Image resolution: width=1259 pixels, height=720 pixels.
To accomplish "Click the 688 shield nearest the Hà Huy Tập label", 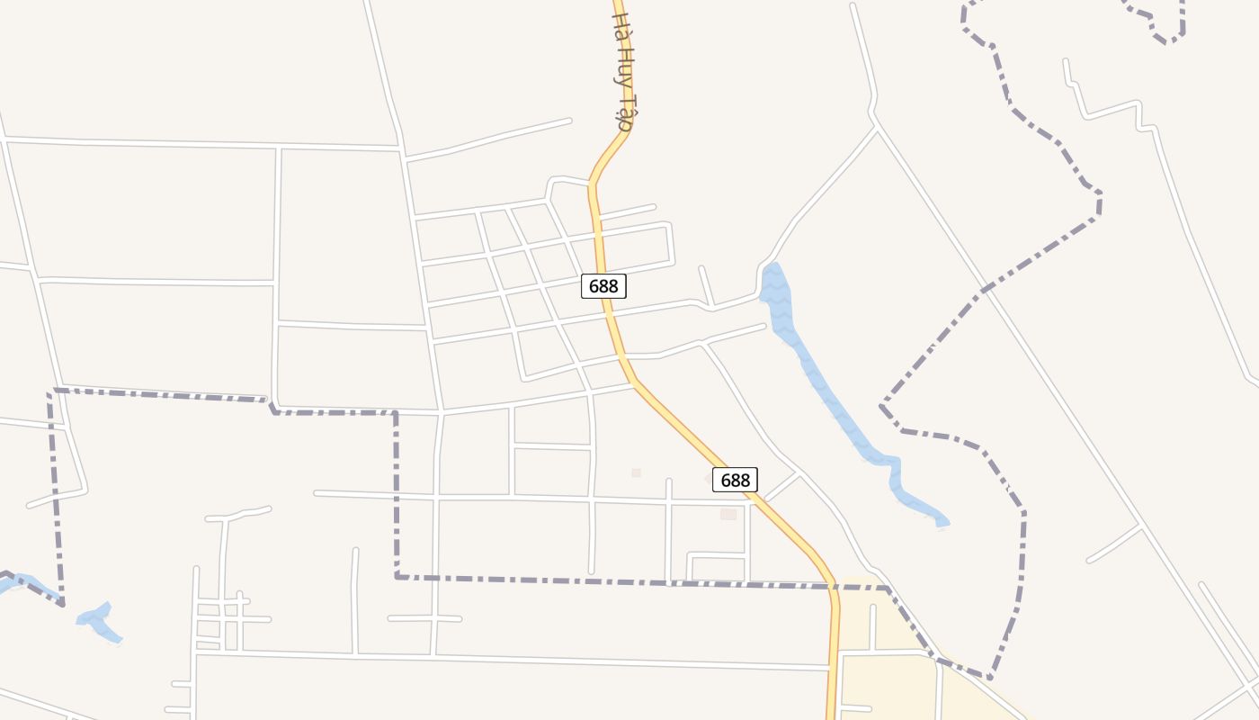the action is coord(603,286).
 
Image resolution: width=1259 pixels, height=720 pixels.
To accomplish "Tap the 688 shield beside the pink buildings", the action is coord(735,480).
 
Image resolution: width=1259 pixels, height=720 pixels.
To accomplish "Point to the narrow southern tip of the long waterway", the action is coord(941,520).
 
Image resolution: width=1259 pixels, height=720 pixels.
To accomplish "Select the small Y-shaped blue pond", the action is coord(99,621).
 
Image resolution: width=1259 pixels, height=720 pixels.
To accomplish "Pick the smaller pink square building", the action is coord(636,472).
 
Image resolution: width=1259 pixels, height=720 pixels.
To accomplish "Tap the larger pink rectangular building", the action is coord(728,514).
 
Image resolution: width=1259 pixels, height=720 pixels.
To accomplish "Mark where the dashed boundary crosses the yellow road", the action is coord(833,587).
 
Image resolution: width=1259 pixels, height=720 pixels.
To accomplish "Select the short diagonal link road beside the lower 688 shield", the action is coord(781,486).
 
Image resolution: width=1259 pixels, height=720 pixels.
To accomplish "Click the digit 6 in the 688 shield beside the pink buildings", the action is coord(724,480).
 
